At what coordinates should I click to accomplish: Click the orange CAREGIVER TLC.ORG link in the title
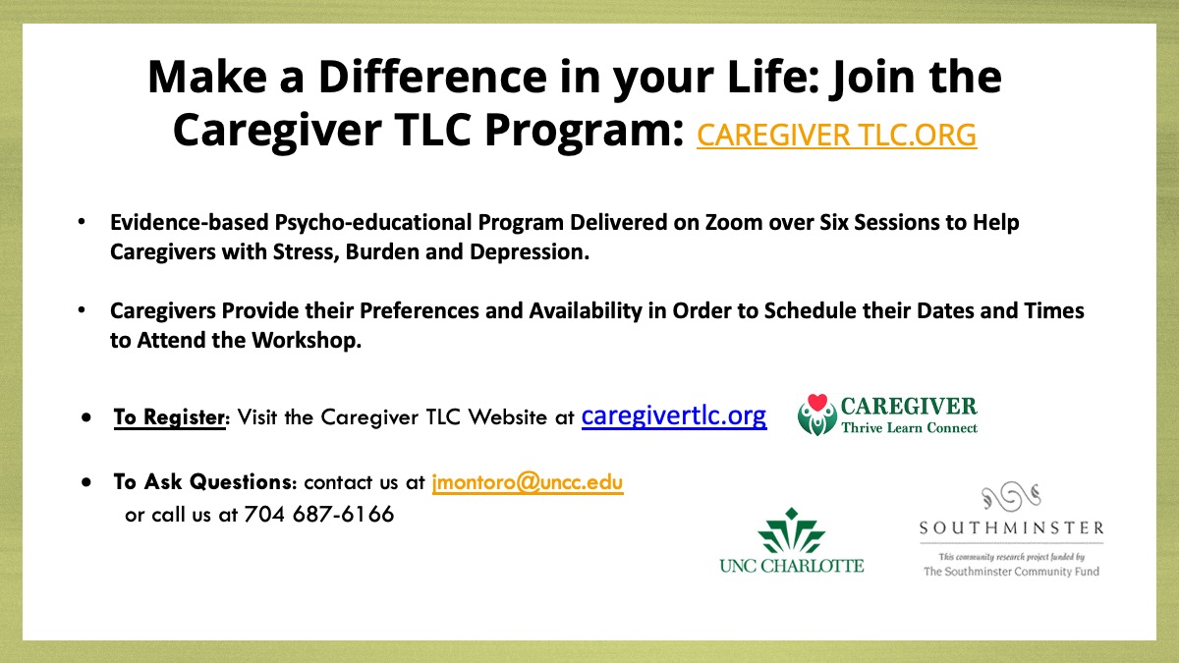click(837, 135)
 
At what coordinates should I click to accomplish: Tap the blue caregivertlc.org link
click(674, 416)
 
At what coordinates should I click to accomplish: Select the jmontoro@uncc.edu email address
click(528, 482)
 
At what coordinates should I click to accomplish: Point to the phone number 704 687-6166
click(319, 514)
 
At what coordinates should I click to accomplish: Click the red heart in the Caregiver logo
click(817, 403)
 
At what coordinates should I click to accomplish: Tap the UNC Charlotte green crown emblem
click(792, 531)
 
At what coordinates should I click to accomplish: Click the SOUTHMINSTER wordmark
click(1011, 527)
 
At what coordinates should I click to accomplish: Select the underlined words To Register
click(169, 417)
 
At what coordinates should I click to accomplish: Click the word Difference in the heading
click(432, 77)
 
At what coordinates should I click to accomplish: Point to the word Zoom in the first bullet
click(734, 223)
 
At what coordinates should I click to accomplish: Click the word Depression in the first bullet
click(529, 252)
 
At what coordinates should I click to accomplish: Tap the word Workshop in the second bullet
click(307, 340)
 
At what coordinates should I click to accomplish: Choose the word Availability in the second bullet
click(586, 311)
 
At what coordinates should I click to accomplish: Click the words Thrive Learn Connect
click(909, 428)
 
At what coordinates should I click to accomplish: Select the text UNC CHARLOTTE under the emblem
click(792, 566)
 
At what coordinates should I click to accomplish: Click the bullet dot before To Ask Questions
click(86, 481)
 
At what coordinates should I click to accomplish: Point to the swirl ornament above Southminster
click(1011, 496)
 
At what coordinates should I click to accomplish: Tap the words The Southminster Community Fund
click(1011, 572)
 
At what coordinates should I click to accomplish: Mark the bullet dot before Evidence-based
click(82, 222)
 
